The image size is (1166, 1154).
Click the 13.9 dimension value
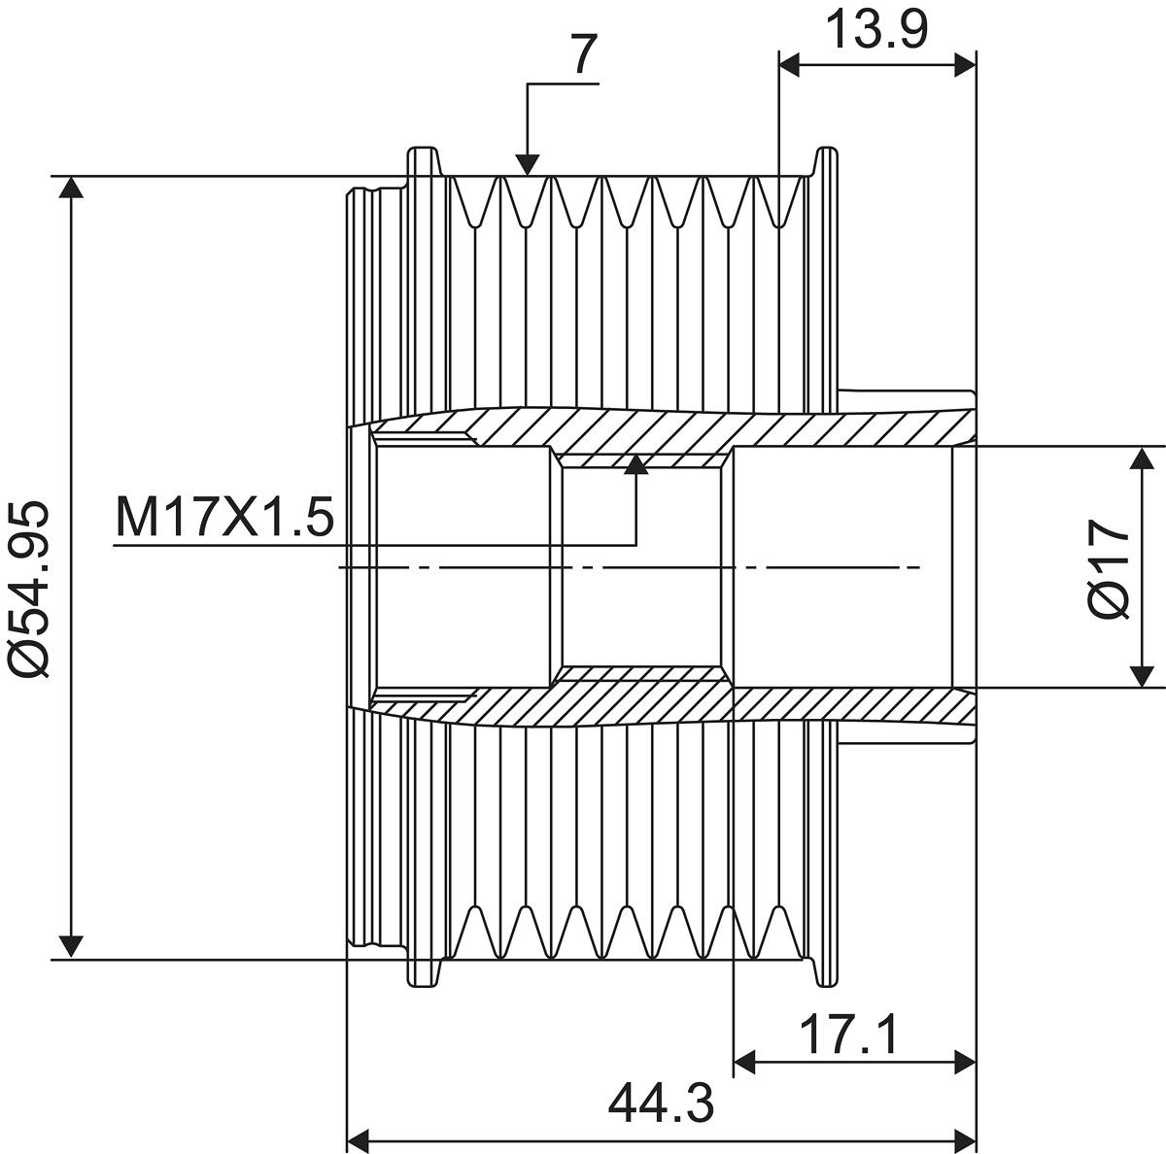point(876,30)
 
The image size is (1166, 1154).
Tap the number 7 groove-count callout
point(584,53)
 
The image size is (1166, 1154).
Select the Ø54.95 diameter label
point(28,590)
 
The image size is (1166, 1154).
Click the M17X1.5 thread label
point(224,517)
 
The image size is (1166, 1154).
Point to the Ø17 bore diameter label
point(1110,569)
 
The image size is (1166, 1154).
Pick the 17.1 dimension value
point(849,1035)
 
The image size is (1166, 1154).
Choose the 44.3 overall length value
point(661,1103)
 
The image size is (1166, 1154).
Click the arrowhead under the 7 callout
point(528,164)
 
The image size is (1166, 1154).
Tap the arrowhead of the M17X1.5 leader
point(635,463)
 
